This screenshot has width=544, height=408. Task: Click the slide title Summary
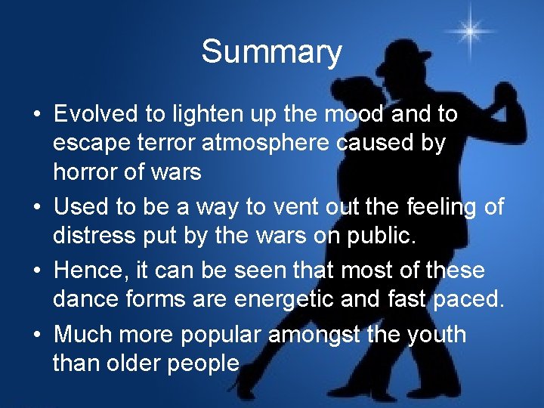tap(271, 52)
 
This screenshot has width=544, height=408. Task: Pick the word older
tap(144, 363)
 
